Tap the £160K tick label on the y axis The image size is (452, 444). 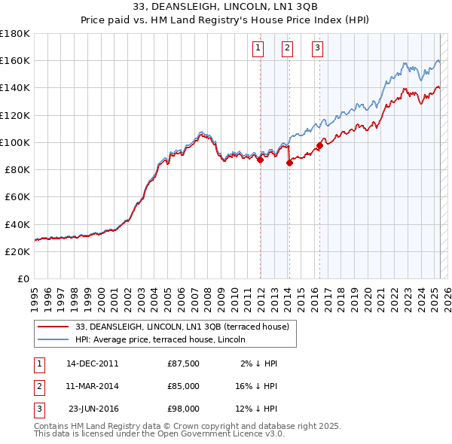click(x=15, y=60)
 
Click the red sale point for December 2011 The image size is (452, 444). click(x=260, y=160)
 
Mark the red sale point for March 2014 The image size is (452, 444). click(x=289, y=163)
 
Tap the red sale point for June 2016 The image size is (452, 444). click(x=319, y=145)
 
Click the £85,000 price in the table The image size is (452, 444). click(x=184, y=386)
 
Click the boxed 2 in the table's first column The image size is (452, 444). click(x=38, y=386)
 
